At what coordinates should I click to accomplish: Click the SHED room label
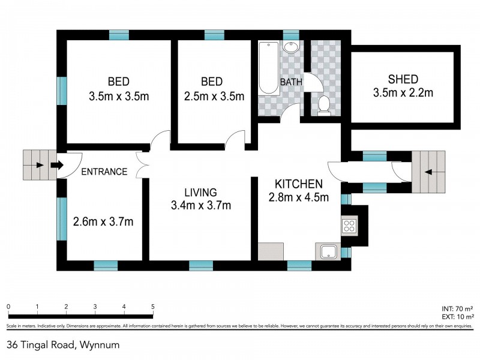pyautogui.click(x=403, y=79)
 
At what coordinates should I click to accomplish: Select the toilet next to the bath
pyautogui.click(x=323, y=104)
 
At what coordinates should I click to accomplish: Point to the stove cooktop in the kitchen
pyautogui.click(x=349, y=226)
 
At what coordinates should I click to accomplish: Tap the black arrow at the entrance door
pyautogui.click(x=58, y=164)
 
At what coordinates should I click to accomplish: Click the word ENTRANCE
pyautogui.click(x=104, y=172)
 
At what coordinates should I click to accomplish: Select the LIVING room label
pyautogui.click(x=200, y=192)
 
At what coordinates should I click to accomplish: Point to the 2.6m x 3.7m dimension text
pyautogui.click(x=103, y=221)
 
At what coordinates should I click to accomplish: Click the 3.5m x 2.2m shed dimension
pyautogui.click(x=403, y=93)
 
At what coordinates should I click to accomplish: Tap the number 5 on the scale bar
pyautogui.click(x=152, y=307)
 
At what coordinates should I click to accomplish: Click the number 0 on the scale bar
pyautogui.click(x=9, y=307)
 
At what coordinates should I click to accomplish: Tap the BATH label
pyautogui.click(x=292, y=82)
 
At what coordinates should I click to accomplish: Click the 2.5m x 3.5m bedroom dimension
pyautogui.click(x=214, y=95)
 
